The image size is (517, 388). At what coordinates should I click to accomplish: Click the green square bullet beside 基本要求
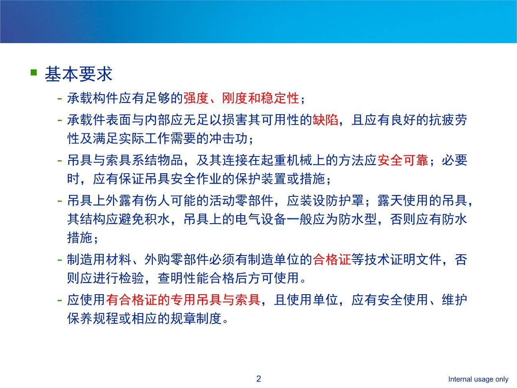point(34,72)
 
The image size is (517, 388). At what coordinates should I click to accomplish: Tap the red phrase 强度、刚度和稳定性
point(241,98)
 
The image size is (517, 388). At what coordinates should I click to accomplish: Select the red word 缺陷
point(325,120)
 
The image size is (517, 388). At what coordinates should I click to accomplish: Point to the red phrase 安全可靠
point(402,160)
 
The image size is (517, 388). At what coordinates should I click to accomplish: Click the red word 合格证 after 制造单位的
point(332,260)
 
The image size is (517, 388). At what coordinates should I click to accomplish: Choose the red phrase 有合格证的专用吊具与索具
point(183,300)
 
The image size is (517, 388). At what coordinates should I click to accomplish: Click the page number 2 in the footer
point(258,379)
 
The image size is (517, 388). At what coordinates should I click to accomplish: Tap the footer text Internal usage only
point(478,379)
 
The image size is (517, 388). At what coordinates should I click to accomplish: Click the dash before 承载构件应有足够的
point(60,98)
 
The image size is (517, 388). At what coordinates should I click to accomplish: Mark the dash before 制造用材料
point(60,260)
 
